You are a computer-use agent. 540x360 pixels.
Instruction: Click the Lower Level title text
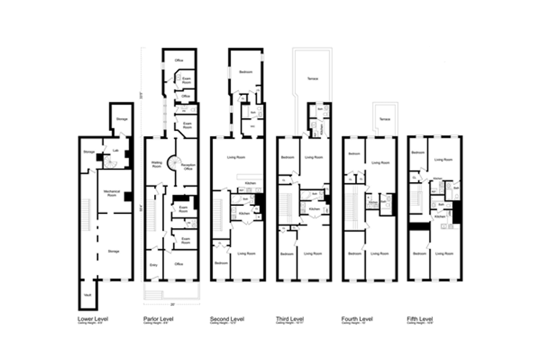[x=93, y=318]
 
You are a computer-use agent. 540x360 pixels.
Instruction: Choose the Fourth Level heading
[x=357, y=318]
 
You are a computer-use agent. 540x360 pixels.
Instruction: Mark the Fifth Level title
[x=420, y=318]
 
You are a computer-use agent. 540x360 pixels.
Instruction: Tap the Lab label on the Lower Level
[x=114, y=150]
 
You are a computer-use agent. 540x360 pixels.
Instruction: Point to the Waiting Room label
[x=156, y=165]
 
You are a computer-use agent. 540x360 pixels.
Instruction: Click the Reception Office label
[x=189, y=166]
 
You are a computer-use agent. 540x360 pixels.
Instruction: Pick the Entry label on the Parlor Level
[x=153, y=265]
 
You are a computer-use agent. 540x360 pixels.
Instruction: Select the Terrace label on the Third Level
[x=312, y=78]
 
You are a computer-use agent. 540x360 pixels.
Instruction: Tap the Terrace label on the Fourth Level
[x=384, y=119]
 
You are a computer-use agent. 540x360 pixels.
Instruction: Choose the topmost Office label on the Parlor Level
[x=179, y=60]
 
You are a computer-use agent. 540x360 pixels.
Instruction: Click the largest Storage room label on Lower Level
[x=113, y=251]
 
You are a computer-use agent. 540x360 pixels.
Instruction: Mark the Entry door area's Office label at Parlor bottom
[x=179, y=264]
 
